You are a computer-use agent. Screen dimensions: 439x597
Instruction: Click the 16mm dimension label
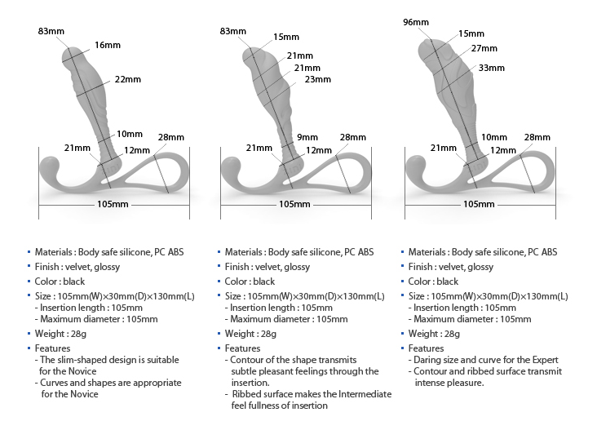107,45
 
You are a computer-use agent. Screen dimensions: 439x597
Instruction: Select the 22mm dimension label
128,79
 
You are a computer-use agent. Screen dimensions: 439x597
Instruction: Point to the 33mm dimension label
492,68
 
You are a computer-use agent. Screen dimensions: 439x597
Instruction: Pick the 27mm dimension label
484,49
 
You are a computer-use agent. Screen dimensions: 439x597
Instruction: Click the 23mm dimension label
318,79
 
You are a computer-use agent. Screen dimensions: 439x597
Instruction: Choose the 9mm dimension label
307,137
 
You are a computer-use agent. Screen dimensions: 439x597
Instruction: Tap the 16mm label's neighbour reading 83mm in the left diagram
51,31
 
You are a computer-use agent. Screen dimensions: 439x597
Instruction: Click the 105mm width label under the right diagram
479,203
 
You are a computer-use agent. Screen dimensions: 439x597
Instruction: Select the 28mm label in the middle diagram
352,137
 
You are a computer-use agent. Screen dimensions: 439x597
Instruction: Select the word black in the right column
448,282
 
